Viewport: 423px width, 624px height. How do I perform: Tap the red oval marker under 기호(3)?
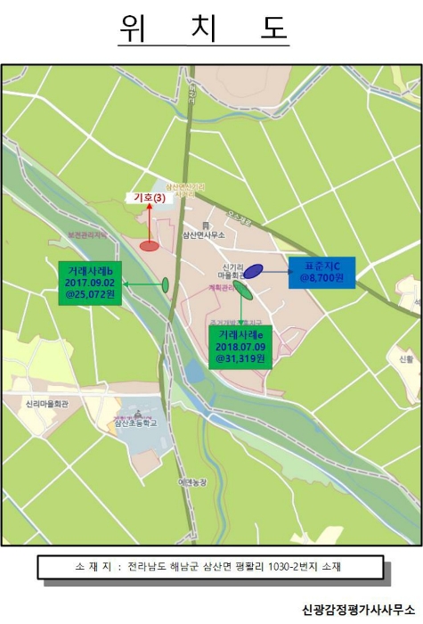pos(150,245)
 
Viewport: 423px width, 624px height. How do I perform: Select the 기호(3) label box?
pos(149,198)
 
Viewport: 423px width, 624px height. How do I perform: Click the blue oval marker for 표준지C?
pos(254,270)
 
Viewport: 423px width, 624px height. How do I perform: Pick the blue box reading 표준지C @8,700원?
pos(321,272)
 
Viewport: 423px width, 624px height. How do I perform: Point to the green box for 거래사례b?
pos(90,283)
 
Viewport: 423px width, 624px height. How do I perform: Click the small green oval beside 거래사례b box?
pos(166,283)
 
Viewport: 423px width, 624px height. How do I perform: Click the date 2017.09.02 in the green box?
pos(90,283)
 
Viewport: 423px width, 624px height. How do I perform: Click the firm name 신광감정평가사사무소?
pos(359,609)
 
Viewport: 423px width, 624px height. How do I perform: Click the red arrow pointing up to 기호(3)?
pos(150,221)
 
